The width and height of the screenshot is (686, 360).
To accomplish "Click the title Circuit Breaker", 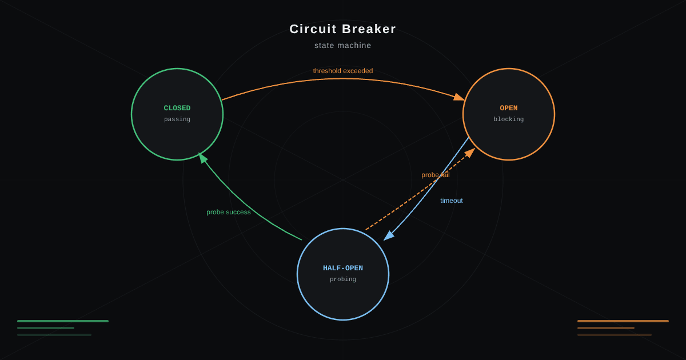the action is [342, 29].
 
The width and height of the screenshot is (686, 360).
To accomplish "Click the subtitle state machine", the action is [342, 45].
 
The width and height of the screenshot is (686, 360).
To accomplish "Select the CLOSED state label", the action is [177, 108].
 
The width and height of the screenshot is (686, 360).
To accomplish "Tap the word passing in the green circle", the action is [177, 119].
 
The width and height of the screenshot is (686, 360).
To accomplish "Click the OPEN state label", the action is [509, 108].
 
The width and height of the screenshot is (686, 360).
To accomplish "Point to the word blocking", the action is [509, 119].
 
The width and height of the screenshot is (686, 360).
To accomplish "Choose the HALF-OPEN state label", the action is [342, 268].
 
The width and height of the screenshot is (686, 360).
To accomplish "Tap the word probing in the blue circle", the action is [342, 279].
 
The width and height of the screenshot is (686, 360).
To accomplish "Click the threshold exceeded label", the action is [343, 71].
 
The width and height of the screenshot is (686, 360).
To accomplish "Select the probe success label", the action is [229, 212].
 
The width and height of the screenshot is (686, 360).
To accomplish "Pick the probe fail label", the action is [436, 175].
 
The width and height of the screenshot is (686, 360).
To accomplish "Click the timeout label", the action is [452, 201].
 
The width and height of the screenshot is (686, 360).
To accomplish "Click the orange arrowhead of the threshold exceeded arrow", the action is [460, 97].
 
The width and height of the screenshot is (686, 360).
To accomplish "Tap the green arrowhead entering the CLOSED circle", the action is [202, 158].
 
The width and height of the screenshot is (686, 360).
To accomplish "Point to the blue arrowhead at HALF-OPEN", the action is [388, 235].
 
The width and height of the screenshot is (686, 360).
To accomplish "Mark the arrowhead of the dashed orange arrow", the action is [470, 153].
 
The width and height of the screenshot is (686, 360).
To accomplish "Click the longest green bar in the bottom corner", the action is [63, 321].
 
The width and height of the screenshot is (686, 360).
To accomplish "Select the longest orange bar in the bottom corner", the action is [623, 321].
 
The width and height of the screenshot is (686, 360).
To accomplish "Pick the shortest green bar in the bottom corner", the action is [46, 328].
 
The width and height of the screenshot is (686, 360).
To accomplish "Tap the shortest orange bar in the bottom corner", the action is [606, 328].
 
